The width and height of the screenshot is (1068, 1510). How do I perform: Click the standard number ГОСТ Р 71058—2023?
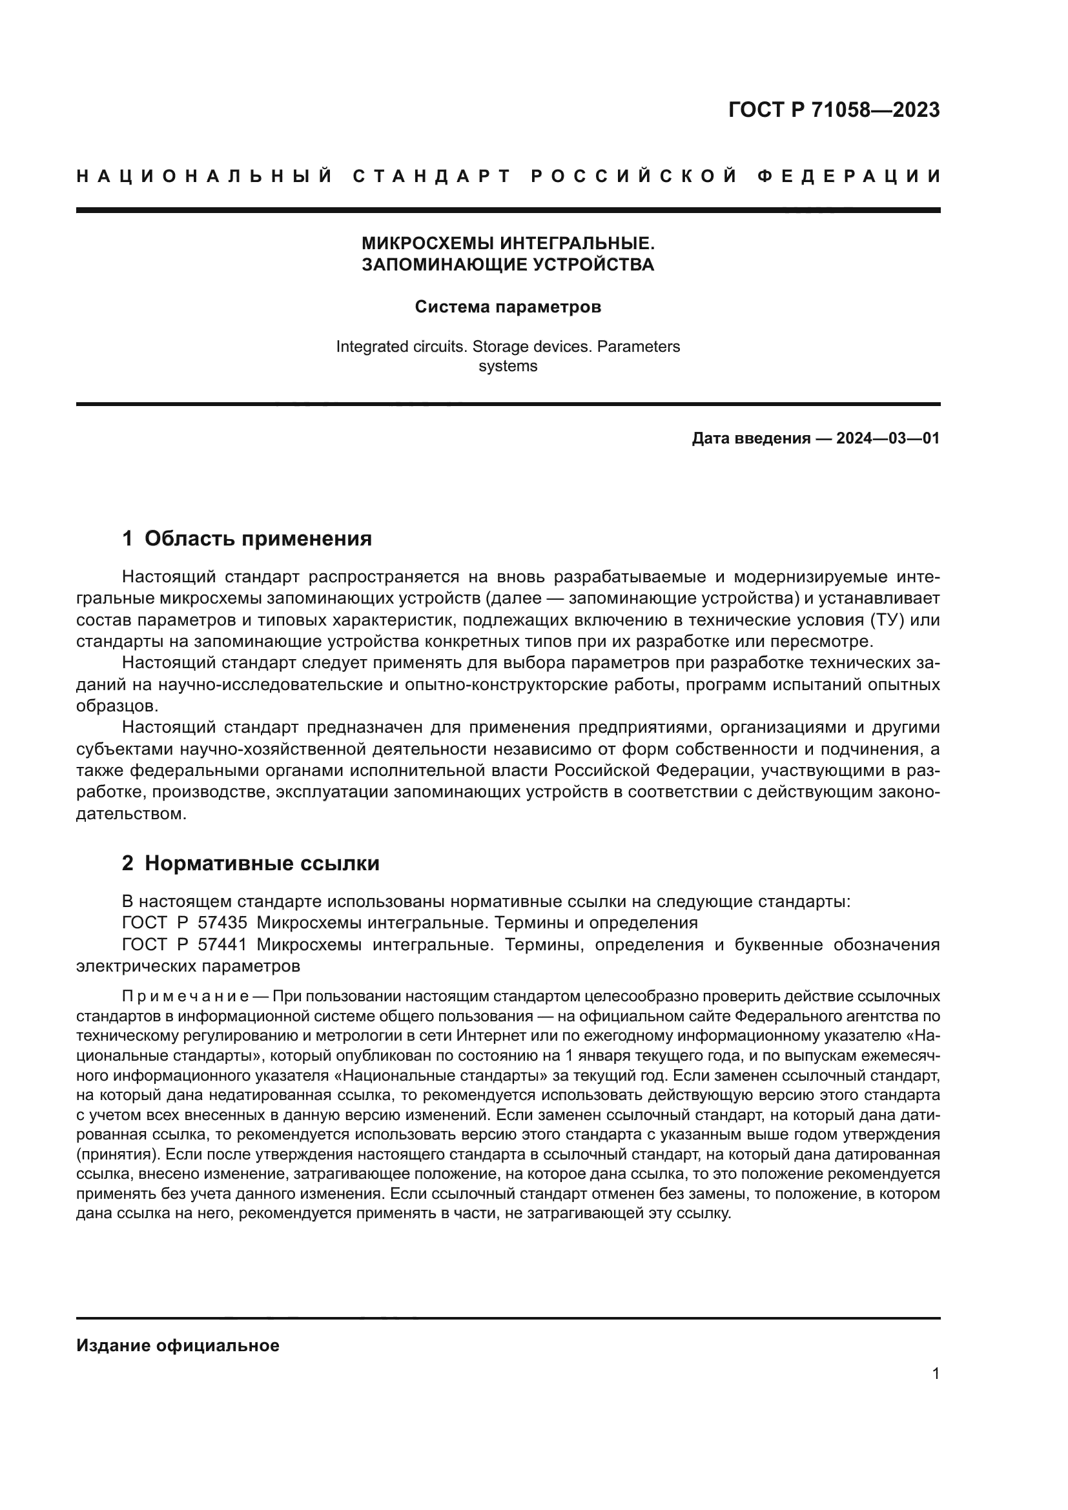(833, 110)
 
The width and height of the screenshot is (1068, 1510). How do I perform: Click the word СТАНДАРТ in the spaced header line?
(431, 176)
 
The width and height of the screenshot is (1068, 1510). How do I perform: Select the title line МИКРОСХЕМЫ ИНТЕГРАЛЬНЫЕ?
(508, 243)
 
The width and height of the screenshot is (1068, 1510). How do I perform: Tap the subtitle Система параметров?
(508, 307)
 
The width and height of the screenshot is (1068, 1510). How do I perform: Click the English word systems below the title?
(508, 366)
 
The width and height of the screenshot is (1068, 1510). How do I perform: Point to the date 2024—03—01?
(887, 438)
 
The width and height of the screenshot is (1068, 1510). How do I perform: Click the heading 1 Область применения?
(247, 538)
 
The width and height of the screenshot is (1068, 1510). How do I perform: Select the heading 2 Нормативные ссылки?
(251, 863)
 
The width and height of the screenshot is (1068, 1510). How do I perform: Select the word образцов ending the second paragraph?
(117, 706)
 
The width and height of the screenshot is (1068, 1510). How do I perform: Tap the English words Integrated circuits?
(400, 347)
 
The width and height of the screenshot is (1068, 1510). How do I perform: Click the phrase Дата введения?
(750, 438)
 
